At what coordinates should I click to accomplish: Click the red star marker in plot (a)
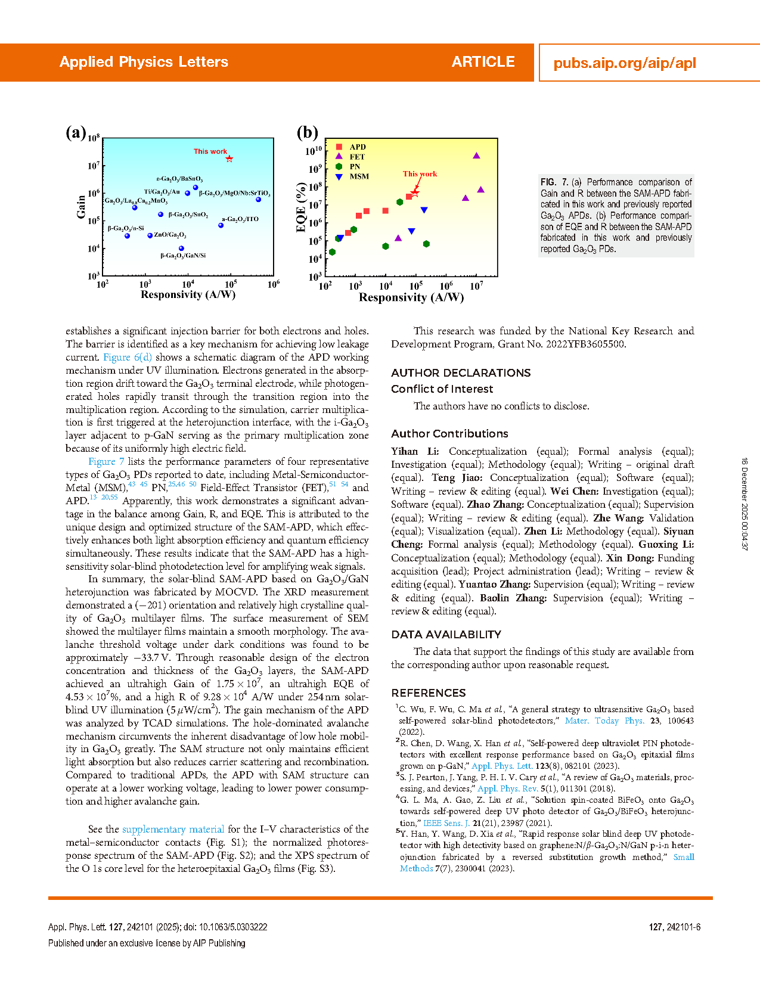pos(229,159)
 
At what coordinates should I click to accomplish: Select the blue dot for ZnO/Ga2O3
pos(150,235)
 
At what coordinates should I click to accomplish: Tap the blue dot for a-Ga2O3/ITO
pos(221,225)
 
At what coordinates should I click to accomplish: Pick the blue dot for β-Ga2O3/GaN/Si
pos(181,249)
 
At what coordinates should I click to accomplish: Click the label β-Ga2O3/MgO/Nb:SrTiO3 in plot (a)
pos(234,194)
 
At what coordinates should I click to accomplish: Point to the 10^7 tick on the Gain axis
pos(93,166)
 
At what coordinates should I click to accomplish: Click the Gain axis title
pos(81,207)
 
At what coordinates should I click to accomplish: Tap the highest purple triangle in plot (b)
pos(476,156)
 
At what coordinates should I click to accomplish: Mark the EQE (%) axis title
pos(301,207)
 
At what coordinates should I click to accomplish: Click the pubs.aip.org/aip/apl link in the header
pos(624,63)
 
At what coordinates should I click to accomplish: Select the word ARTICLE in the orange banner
pos(483,62)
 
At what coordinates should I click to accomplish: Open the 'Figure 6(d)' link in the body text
pos(128,357)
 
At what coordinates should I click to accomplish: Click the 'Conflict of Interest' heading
pos(442,389)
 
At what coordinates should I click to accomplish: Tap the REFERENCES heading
pos(428,693)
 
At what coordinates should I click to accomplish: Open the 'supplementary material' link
pos(173,829)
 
